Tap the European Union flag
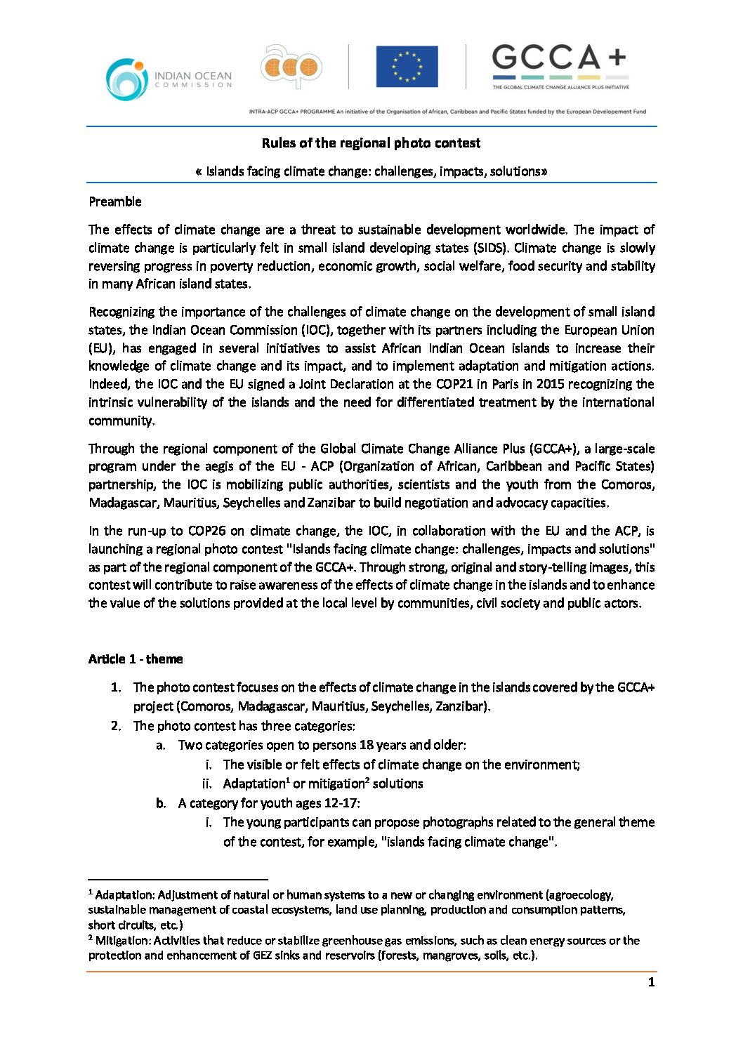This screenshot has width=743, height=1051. [x=407, y=67]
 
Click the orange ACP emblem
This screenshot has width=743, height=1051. [x=291, y=67]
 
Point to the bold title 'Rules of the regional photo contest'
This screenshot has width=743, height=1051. [x=371, y=143]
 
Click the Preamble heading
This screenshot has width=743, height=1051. [x=115, y=202]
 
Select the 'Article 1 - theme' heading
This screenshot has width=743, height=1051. [x=136, y=659]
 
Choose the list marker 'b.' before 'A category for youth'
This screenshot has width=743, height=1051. [x=161, y=803]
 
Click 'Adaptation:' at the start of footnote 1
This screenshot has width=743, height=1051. [x=125, y=895]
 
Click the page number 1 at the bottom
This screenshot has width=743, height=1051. [x=651, y=982]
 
